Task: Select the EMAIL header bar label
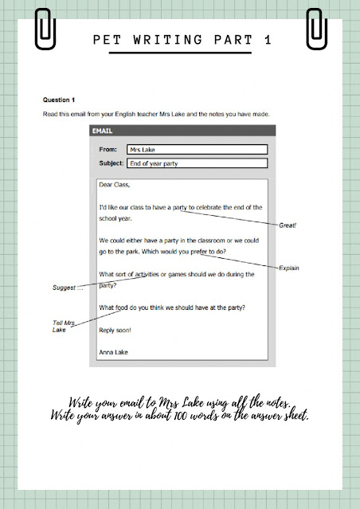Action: pyautogui.click(x=104, y=131)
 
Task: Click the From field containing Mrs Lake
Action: pyautogui.click(x=195, y=149)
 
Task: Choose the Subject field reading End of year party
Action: pyautogui.click(x=195, y=163)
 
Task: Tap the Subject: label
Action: pyautogui.click(x=110, y=163)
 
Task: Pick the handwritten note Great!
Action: pyautogui.click(x=287, y=225)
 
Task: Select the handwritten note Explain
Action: pyautogui.click(x=288, y=268)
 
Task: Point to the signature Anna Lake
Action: pyautogui.click(x=116, y=350)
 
